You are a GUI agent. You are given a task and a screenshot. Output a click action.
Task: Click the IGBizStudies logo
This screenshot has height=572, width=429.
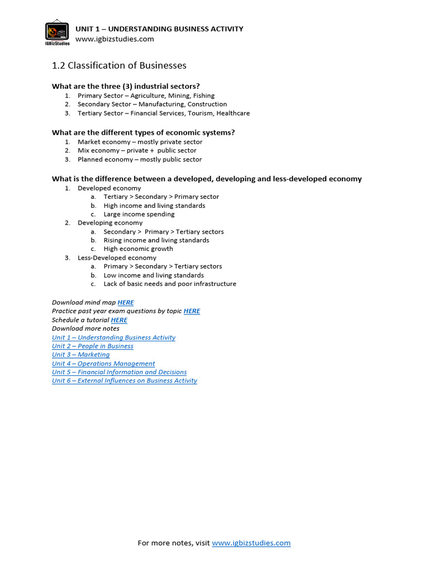[x=56, y=33]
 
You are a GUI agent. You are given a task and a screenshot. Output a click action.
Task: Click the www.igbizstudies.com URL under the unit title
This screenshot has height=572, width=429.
[x=115, y=39]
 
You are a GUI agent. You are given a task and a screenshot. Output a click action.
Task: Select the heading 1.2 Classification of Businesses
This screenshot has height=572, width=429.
[x=119, y=66]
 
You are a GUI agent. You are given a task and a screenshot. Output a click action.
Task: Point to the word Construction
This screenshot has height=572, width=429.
[x=207, y=104]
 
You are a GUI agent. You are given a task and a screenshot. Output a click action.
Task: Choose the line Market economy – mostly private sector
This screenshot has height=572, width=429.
[x=140, y=142]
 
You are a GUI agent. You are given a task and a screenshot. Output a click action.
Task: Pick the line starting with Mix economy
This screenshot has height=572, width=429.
[x=137, y=151]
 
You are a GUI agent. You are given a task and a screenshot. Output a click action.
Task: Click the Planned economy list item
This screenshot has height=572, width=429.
[x=140, y=160]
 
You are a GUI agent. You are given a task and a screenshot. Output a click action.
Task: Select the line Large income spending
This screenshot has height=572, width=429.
[x=139, y=214]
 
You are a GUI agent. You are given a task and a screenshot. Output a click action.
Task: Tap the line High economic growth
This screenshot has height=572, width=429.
[x=138, y=249]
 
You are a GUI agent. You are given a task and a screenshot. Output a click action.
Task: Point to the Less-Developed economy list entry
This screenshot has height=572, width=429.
[x=117, y=258]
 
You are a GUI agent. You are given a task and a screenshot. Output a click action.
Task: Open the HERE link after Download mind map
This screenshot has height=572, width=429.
[x=126, y=303]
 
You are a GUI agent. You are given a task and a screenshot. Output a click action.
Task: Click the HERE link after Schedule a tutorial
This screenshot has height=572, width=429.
[x=119, y=320]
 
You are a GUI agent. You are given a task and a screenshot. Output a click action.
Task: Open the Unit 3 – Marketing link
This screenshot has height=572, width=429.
[x=80, y=355]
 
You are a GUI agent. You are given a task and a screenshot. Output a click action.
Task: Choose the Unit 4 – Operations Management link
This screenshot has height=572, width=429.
[x=103, y=364]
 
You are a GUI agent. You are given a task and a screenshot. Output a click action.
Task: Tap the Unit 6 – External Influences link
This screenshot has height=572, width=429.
[x=125, y=381]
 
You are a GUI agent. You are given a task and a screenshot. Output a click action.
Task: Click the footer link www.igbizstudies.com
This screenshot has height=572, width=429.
[x=251, y=543]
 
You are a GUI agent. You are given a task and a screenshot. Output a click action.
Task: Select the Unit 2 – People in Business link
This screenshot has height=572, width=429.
[x=92, y=346]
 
